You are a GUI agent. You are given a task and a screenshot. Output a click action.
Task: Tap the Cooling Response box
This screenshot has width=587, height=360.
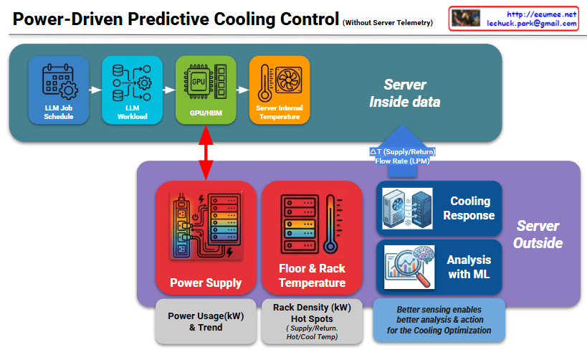point(439,208)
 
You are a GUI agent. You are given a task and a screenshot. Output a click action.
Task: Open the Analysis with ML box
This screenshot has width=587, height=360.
point(439,266)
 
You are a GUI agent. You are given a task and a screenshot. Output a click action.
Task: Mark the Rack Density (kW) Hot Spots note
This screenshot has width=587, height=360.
point(312,321)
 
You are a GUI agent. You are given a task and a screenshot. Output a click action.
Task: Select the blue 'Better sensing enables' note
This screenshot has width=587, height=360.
point(439,320)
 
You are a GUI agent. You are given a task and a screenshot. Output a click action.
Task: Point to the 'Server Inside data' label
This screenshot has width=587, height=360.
point(404,93)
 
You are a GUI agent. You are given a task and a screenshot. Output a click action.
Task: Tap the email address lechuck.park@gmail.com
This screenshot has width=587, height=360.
point(532,24)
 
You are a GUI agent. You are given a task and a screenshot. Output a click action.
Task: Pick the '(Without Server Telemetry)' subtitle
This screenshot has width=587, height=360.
point(388,23)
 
